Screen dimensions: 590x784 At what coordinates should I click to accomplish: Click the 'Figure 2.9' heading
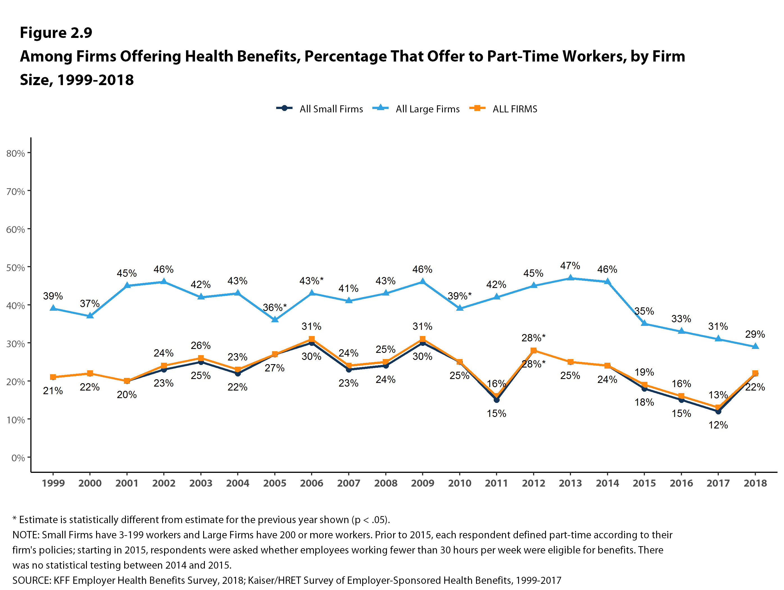click(x=56, y=33)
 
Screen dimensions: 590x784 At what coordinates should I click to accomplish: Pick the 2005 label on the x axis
click(x=275, y=483)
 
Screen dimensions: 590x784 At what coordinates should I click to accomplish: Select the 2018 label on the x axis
click(x=755, y=483)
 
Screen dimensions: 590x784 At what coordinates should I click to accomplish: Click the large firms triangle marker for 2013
click(x=570, y=278)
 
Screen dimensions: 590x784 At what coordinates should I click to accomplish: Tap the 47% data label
click(x=570, y=265)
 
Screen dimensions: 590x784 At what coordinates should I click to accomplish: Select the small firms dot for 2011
click(x=497, y=400)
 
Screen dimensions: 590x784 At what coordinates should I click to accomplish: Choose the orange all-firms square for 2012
click(x=533, y=350)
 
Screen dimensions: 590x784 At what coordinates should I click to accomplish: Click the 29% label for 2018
click(x=755, y=334)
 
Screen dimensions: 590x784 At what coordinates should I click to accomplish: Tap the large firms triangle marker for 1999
click(x=53, y=308)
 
